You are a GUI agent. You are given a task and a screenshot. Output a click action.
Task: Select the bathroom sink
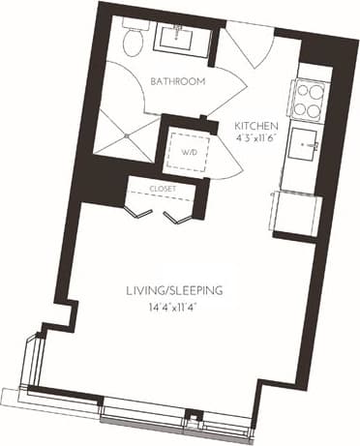point(180,36)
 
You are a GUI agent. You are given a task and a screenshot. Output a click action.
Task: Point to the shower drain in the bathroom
point(127,135)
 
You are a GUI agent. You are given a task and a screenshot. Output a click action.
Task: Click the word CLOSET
point(163,190)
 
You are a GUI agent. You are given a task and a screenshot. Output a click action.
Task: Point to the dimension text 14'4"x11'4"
point(175,307)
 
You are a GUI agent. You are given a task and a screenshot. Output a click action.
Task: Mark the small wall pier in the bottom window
point(195,418)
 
